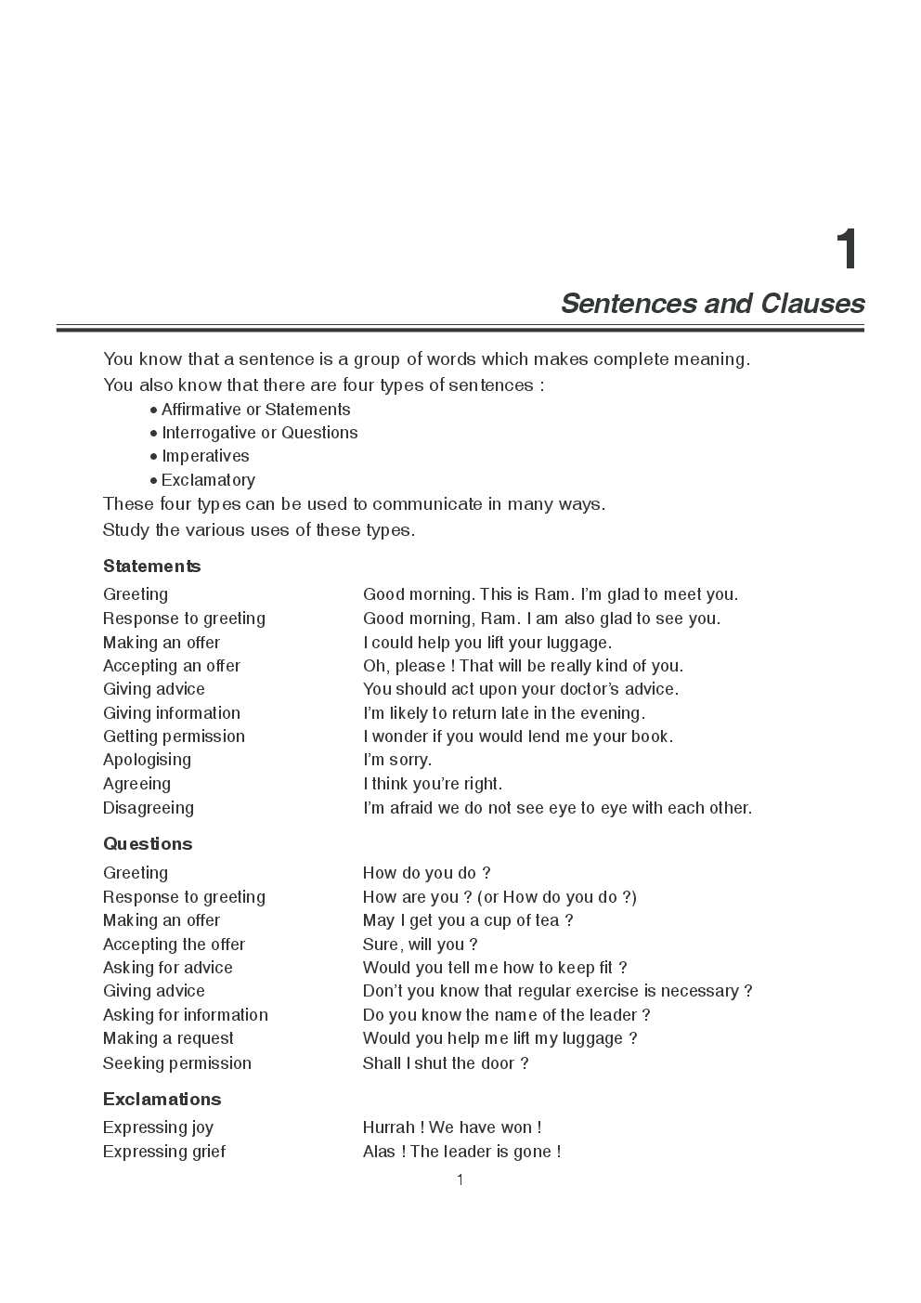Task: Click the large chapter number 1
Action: tap(846, 251)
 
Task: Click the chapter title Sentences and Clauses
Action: tap(712, 304)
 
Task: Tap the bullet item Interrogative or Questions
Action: tap(259, 433)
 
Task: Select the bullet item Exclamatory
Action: tap(208, 480)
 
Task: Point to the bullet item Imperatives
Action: tap(205, 456)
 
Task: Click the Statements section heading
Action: tap(151, 567)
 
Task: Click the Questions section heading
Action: tap(148, 844)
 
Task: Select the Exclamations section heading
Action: tap(162, 1100)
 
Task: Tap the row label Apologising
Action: tap(147, 760)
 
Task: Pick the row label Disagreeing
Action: tap(149, 808)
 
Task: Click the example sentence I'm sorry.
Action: tap(397, 760)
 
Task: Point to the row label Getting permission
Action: tap(174, 736)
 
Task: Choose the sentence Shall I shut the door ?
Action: tap(446, 1063)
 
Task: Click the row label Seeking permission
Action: tap(176, 1063)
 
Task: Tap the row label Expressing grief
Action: tap(164, 1152)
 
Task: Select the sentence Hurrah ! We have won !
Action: tap(452, 1127)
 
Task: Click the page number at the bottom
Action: tap(460, 1180)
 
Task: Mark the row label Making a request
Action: tap(168, 1038)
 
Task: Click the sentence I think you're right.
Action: tap(433, 784)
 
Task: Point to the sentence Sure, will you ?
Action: tap(421, 945)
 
